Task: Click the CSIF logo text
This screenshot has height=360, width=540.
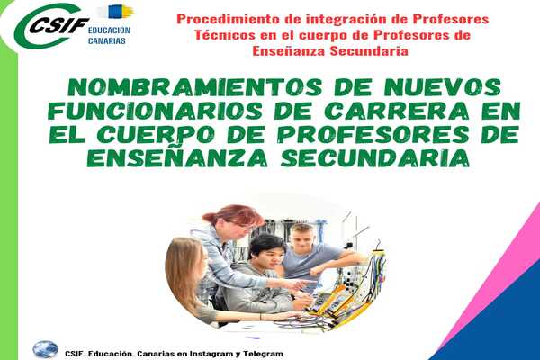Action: tap(59, 25)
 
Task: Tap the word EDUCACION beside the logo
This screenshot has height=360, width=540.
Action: tap(109, 31)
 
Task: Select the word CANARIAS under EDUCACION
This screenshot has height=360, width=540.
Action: tap(107, 41)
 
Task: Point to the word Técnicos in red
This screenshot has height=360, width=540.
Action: tap(225, 35)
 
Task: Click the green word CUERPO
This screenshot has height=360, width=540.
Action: tap(156, 134)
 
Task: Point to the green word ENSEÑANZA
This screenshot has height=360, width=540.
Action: tap(177, 157)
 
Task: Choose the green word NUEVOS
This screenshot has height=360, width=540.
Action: tap(443, 87)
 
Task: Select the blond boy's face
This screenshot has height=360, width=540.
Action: tap(301, 239)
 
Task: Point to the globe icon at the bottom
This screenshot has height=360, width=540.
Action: tap(46, 349)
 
